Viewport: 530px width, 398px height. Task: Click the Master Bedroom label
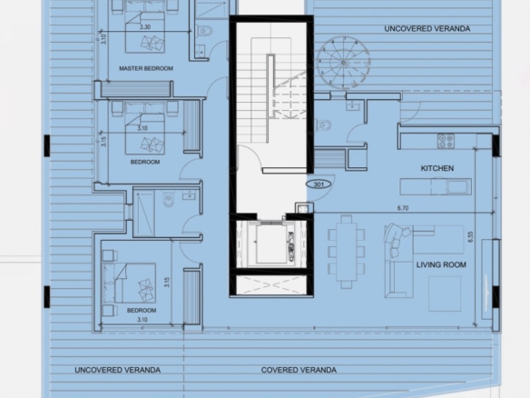tap(146, 68)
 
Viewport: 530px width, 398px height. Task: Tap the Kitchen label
tap(437, 168)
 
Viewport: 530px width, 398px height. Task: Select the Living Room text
tap(441, 264)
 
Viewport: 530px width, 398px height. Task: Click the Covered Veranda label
tap(299, 370)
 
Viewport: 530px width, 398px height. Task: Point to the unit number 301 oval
tap(319, 184)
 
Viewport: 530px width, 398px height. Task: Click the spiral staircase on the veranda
tap(343, 63)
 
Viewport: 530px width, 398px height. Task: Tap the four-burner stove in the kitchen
tap(446, 141)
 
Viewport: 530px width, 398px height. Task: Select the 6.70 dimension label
tap(403, 208)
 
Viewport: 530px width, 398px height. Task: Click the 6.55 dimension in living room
tap(471, 236)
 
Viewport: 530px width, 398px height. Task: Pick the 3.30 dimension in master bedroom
tap(145, 27)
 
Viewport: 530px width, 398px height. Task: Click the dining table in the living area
tap(346, 252)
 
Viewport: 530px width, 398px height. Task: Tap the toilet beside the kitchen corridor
tap(324, 124)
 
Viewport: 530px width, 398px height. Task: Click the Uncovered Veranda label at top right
tap(427, 29)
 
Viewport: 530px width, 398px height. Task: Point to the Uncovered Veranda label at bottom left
tap(117, 370)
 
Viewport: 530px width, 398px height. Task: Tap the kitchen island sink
tap(459, 187)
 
